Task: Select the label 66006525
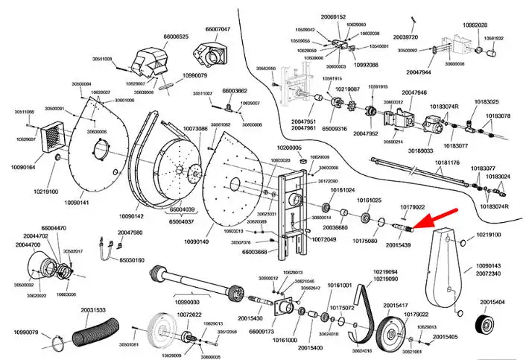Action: [x=176, y=36]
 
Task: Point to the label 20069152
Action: [x=334, y=16]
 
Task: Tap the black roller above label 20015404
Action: [x=488, y=326]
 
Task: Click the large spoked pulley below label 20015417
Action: [x=392, y=335]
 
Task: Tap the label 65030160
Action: [x=127, y=260]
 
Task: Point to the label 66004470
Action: [x=54, y=227]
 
